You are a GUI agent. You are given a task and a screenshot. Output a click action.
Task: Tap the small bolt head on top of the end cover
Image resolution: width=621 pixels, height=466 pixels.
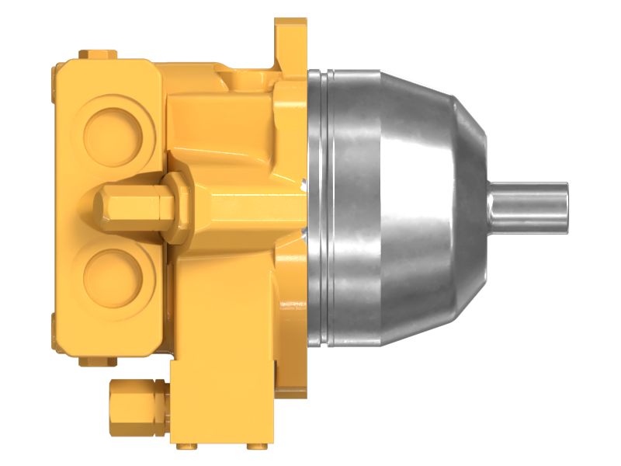[99, 54]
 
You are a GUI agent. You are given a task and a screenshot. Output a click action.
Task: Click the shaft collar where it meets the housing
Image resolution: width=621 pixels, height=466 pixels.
[492, 206]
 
